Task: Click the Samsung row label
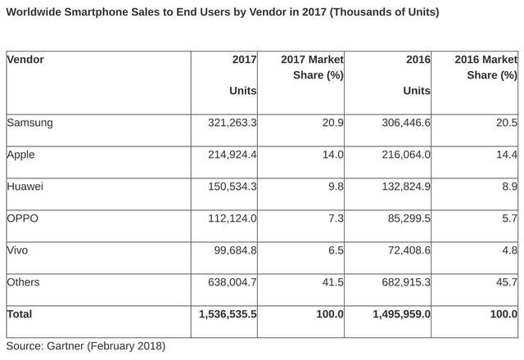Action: [29, 123]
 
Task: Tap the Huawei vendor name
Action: [26, 187]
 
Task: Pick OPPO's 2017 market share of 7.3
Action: [335, 218]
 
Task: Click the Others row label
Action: [24, 282]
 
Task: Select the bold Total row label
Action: [21, 314]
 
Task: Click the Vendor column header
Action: [26, 59]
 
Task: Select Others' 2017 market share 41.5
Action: [332, 282]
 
